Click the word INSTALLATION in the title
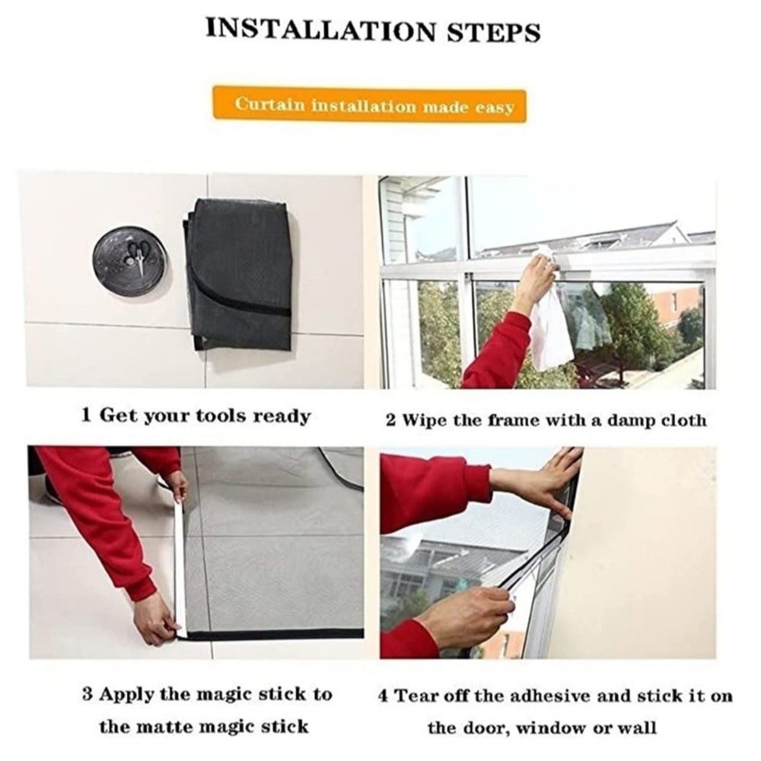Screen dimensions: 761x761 click(321, 30)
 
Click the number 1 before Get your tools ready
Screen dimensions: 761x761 click(87, 415)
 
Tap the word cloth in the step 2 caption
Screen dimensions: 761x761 click(684, 419)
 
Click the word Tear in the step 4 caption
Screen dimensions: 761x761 click(415, 696)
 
